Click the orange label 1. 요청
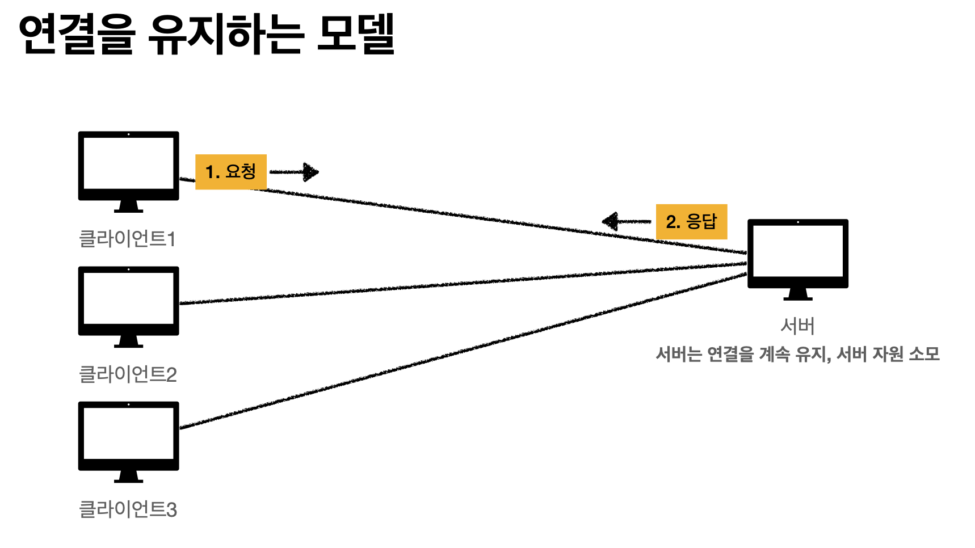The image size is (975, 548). click(230, 171)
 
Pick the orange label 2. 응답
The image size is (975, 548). click(691, 221)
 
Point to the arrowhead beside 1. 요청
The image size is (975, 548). click(311, 172)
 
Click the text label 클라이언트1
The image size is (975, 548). click(127, 238)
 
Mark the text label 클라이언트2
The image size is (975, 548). click(128, 374)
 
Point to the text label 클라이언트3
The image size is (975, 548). click(128, 509)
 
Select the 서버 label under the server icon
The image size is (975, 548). click(797, 326)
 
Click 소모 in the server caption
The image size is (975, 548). click(924, 354)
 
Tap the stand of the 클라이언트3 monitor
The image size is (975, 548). click(128, 477)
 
